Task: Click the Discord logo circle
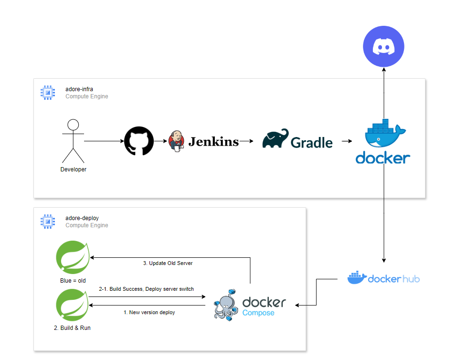[x=383, y=47]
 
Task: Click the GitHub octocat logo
[x=139, y=141]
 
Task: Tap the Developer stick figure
[x=73, y=141]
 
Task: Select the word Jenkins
[x=213, y=141]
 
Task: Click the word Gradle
[x=312, y=142]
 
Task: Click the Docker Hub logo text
[x=393, y=278]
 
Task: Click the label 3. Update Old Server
[x=168, y=263]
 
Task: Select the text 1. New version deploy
[x=149, y=312]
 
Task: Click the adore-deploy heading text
[x=82, y=218]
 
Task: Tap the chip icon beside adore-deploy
[x=47, y=222]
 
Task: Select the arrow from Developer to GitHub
[x=103, y=141]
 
